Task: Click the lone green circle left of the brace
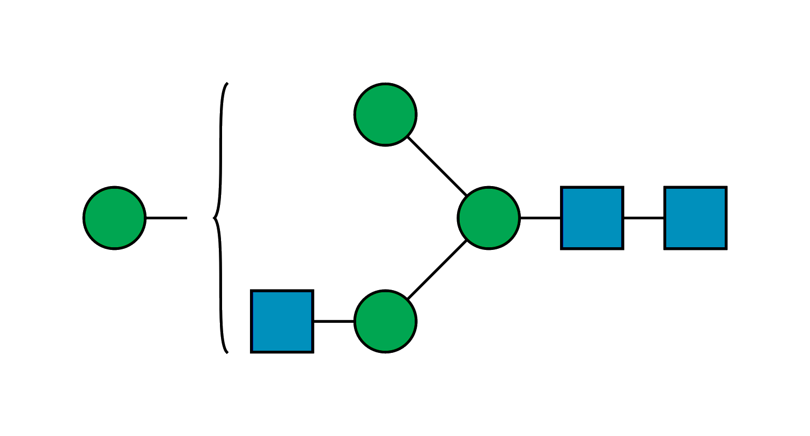114,218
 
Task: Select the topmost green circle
385,114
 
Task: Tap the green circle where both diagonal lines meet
488,218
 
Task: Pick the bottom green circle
385,321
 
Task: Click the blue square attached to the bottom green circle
282,321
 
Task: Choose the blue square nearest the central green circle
592,218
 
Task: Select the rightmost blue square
695,218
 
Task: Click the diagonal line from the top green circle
436,166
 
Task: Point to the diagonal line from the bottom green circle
436,270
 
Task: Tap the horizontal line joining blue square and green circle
334,320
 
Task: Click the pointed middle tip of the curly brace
214,218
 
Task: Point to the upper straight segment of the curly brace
220,150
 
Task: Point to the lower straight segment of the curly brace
220,284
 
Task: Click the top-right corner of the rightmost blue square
726,187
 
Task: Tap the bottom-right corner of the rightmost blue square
726,249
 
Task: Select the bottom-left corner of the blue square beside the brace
252,352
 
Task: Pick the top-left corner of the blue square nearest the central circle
562,187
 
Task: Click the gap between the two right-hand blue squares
644,218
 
